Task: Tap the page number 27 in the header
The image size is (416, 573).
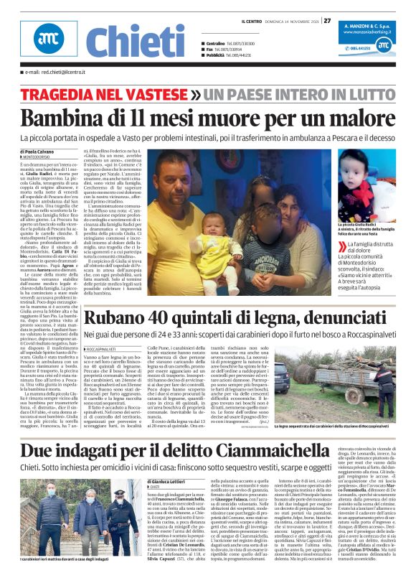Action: (x=327, y=20)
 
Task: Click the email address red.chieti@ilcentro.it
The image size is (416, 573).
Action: (x=53, y=73)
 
